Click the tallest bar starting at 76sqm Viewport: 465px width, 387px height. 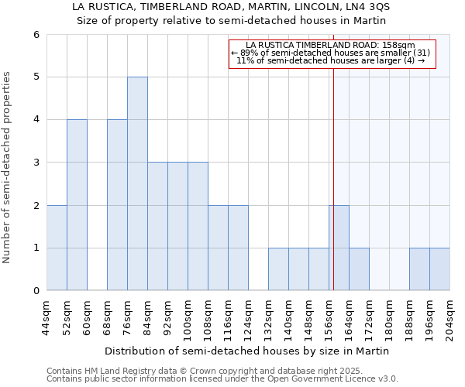pos(137,183)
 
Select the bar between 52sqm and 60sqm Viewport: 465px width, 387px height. pos(77,205)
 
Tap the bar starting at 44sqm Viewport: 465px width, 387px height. pos(57,248)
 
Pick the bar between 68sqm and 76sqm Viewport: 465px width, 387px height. pos(117,205)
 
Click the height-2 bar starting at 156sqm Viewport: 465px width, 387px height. pos(339,248)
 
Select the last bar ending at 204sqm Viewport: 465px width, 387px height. pos(439,269)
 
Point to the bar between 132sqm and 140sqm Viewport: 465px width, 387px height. pos(278,269)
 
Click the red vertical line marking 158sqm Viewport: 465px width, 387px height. pos(333,193)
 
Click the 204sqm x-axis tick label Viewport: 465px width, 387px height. pos(450,317)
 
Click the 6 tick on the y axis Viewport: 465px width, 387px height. pos(36,35)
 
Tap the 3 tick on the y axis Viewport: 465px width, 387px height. pos(36,163)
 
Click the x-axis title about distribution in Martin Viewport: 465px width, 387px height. pos(248,351)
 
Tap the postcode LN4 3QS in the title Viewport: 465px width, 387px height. pos(365,6)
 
